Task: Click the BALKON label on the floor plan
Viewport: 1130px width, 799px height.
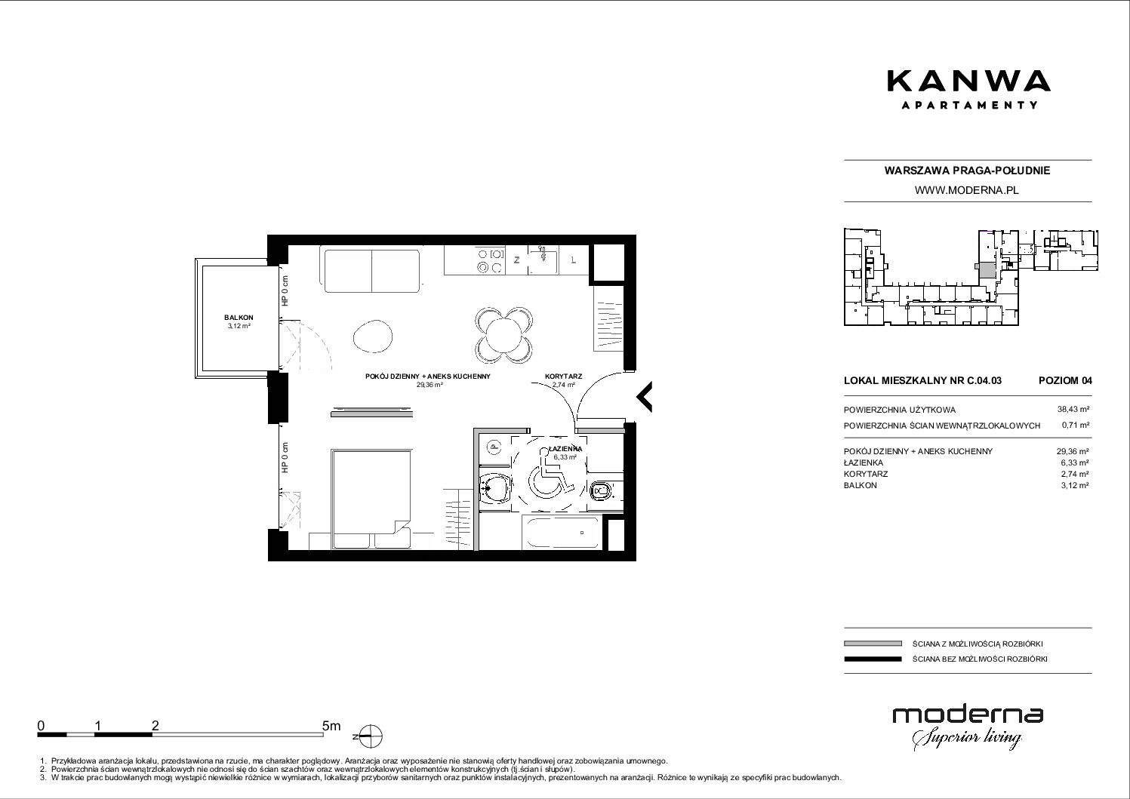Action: [239, 318]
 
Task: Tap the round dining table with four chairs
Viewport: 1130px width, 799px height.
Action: [503, 335]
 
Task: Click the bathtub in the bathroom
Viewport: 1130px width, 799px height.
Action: [562, 533]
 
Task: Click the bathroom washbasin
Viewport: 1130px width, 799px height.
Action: [494, 488]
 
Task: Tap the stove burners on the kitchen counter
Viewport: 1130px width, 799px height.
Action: [491, 261]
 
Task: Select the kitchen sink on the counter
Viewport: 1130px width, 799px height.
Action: [543, 260]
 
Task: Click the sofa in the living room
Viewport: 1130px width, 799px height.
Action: [372, 271]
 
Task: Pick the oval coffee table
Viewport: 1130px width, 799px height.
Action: [373, 337]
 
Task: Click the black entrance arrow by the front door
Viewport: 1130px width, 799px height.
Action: [644, 397]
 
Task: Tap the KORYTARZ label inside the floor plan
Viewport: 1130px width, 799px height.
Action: [563, 376]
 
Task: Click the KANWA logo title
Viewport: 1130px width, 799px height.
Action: [969, 81]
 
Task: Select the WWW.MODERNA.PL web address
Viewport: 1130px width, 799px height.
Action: [966, 190]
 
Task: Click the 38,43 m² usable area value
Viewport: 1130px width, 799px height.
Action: [1073, 410]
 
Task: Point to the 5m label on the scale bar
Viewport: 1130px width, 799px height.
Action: [331, 725]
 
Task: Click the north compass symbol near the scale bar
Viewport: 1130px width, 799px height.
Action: [371, 736]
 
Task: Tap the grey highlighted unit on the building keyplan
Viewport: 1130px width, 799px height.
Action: [987, 270]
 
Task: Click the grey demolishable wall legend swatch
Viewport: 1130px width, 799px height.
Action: [873, 644]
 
